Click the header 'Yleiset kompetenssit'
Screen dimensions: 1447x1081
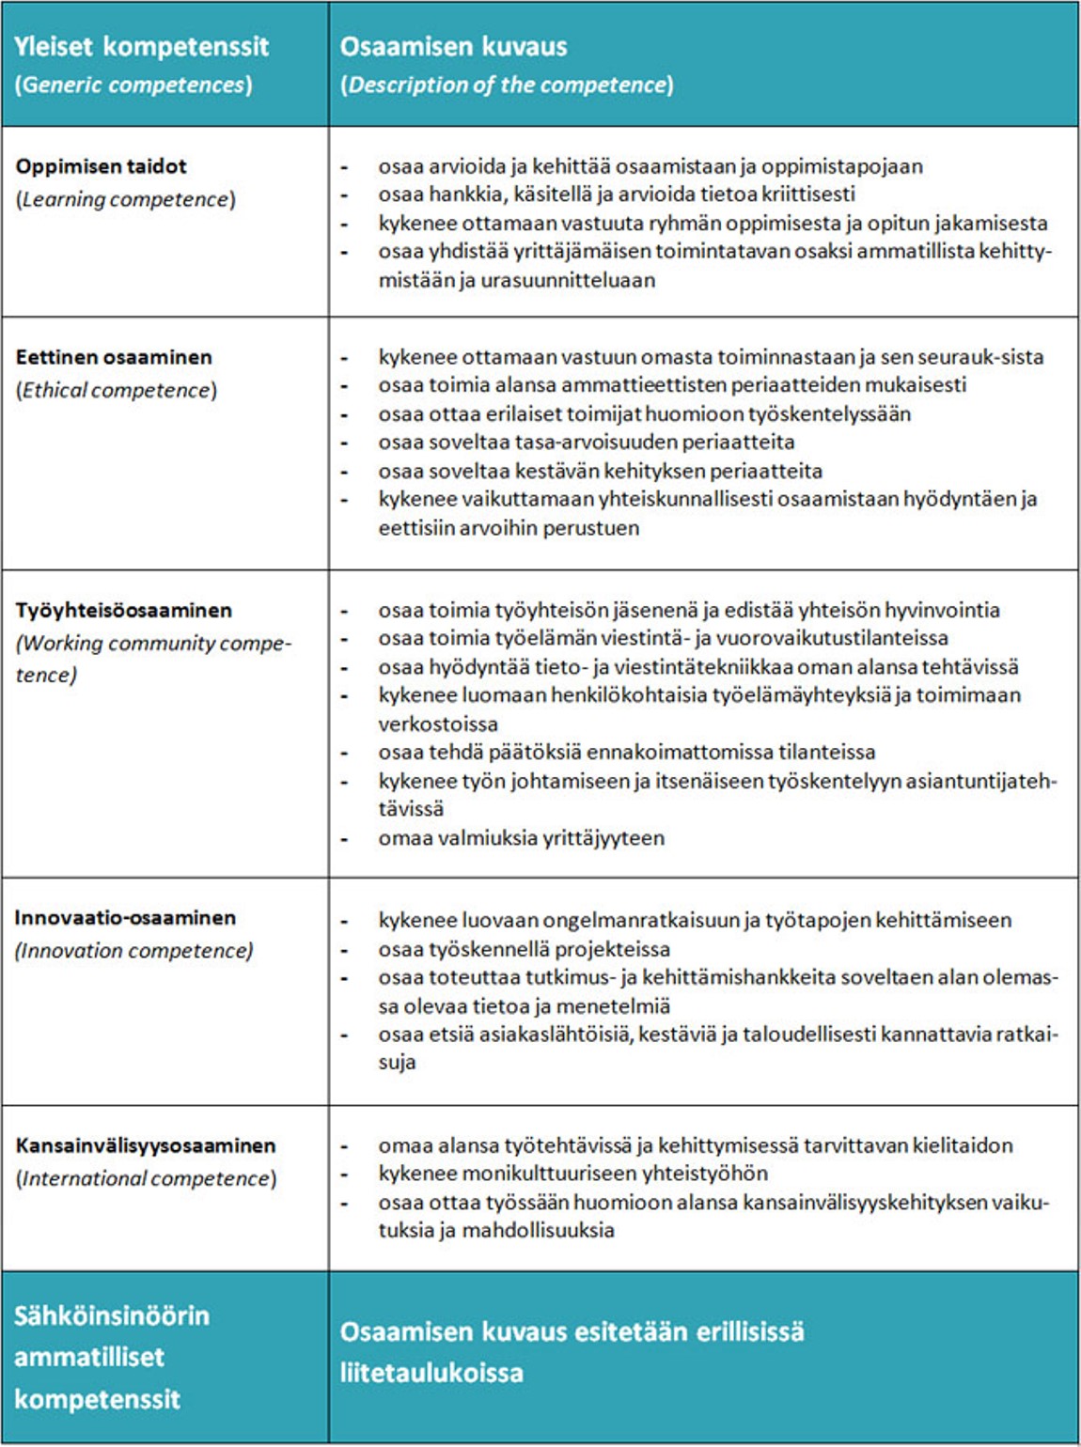point(141,46)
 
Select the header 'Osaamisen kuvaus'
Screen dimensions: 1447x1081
point(453,46)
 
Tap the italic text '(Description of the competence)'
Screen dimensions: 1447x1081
point(507,85)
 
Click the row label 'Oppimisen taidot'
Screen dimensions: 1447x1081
point(101,166)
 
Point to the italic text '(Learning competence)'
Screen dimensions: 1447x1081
point(125,199)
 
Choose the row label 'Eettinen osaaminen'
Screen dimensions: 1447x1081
point(114,357)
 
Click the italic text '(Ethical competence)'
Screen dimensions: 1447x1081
point(116,390)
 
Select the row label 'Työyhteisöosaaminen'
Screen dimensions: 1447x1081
point(123,610)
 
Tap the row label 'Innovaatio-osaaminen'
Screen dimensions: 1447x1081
point(125,918)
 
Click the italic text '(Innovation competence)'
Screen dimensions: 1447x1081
point(133,951)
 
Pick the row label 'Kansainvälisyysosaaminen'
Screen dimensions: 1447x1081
point(146,1145)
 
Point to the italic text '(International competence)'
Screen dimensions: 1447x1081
point(146,1178)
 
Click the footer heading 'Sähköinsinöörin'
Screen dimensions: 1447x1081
point(111,1315)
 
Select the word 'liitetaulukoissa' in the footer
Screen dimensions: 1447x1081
point(431,1373)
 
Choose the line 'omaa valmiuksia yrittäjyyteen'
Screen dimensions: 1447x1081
point(521,838)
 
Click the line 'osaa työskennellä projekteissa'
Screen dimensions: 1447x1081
point(524,949)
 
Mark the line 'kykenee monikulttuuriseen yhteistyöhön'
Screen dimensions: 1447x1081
point(572,1174)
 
